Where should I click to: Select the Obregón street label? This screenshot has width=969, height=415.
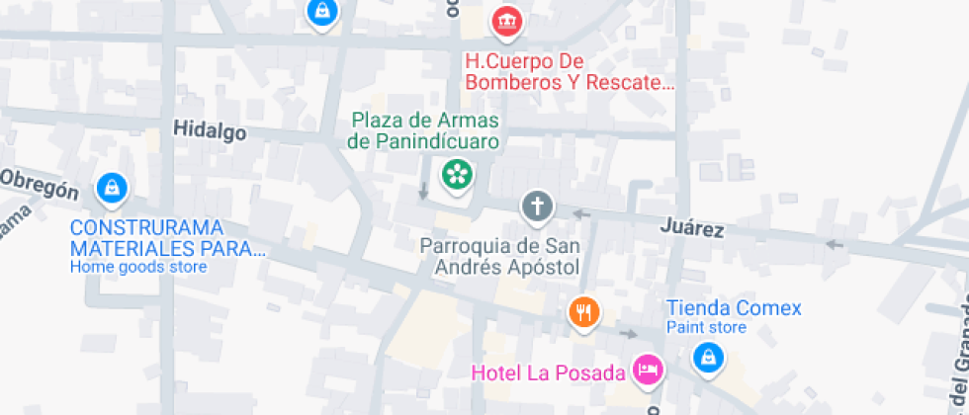(39, 184)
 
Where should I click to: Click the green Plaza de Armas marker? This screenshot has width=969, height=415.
(457, 175)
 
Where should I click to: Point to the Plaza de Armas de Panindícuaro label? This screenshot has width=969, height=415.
(424, 130)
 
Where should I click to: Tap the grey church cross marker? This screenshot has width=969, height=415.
(538, 207)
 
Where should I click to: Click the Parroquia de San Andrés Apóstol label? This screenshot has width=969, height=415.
(499, 256)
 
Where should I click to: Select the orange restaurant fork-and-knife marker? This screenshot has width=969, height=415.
(584, 313)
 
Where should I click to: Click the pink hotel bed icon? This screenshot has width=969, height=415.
(649, 370)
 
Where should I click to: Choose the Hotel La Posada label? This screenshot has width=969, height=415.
(549, 373)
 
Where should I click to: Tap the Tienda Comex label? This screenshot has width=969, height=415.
(734, 307)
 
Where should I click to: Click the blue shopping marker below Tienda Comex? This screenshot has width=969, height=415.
(707, 358)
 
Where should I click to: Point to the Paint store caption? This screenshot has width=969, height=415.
(706, 327)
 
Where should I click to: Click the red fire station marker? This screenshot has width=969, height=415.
(506, 20)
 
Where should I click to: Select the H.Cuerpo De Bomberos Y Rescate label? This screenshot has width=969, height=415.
(570, 71)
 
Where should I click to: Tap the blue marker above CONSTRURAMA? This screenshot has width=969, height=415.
(111, 186)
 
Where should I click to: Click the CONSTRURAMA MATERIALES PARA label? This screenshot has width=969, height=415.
(167, 237)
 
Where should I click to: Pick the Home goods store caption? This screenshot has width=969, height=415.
(138, 266)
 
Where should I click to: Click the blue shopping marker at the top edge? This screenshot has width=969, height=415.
(321, 12)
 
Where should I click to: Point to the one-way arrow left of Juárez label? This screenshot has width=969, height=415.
(581, 213)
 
